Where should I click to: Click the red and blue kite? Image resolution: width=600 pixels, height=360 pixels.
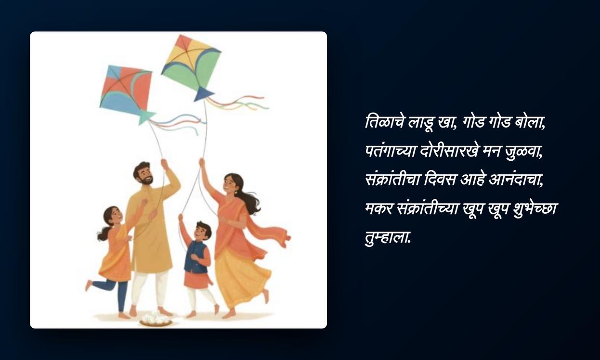click(x=126, y=91)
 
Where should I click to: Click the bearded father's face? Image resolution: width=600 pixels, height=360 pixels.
click(x=144, y=175)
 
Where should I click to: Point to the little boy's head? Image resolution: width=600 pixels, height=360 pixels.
click(x=203, y=231)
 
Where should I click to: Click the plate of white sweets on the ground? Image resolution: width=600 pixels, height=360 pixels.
click(x=156, y=319)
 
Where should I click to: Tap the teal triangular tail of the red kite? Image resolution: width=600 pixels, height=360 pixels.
click(x=145, y=117)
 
